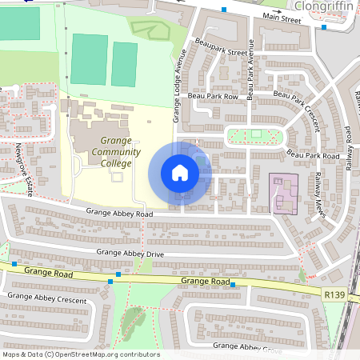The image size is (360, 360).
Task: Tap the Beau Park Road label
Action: [x=313, y=154]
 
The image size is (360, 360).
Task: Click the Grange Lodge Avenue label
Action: [x=179, y=86]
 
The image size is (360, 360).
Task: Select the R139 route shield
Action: [x=335, y=295]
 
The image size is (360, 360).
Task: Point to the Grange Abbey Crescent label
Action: [x=47, y=297]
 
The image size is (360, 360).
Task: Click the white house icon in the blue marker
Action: [x=180, y=172]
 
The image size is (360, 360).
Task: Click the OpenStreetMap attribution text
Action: [x=80, y=354]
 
